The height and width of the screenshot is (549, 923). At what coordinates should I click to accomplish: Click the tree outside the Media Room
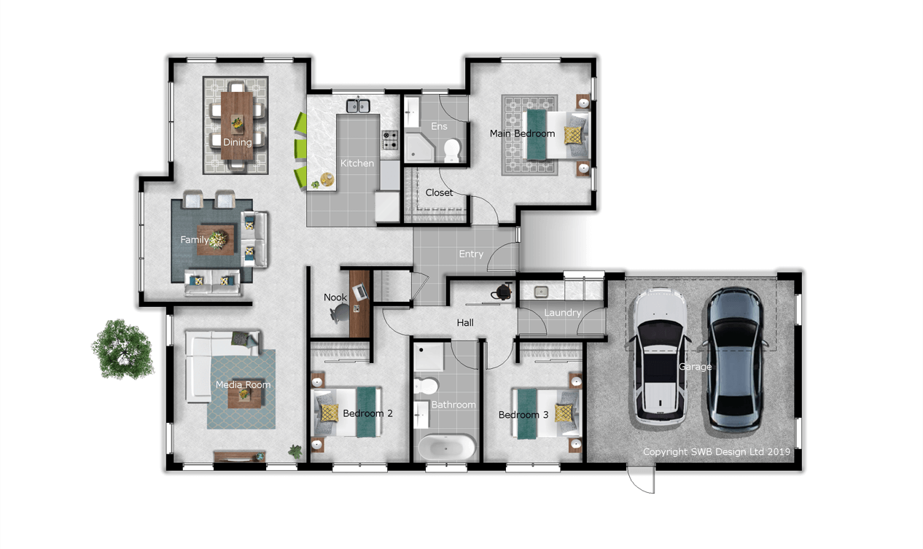122,349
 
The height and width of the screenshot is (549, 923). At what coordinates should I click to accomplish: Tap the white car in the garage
661,357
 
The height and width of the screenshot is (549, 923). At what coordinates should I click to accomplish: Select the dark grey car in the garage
735,360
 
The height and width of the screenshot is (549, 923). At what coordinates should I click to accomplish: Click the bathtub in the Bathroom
447,447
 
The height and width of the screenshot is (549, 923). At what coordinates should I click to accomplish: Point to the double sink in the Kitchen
358,106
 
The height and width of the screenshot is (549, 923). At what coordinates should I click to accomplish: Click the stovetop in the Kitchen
390,140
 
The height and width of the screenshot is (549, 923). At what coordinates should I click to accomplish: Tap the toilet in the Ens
452,150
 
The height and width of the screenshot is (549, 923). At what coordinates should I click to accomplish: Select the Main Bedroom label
522,133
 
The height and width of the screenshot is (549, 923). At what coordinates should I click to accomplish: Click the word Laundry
562,313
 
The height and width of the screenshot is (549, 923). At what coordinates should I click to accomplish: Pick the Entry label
471,254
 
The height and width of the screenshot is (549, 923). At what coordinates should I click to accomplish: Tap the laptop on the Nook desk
360,291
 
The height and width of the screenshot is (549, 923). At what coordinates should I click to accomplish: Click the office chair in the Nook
340,313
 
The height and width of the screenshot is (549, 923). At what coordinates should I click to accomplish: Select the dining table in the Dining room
237,125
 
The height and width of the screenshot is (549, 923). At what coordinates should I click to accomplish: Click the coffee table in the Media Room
244,394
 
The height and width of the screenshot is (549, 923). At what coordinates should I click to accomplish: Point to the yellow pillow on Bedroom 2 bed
330,413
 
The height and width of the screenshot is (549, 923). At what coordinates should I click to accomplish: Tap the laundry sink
541,292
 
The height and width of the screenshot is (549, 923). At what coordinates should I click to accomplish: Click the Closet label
439,192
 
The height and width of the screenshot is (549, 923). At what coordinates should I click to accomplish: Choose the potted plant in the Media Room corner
295,451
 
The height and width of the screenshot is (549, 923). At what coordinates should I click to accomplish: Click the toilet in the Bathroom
426,386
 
